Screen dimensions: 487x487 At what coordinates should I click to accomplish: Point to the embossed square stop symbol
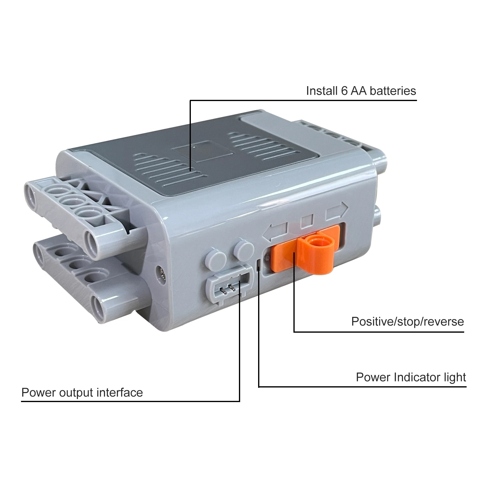(x=307, y=221)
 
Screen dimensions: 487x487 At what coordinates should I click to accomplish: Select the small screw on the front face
(x=162, y=273)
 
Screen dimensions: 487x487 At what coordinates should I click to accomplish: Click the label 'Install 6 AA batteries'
(x=361, y=91)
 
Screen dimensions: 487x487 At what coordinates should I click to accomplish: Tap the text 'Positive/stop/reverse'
(x=407, y=322)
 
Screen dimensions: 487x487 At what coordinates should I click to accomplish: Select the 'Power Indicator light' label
(x=411, y=377)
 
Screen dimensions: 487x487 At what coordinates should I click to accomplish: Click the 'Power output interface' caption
(x=82, y=393)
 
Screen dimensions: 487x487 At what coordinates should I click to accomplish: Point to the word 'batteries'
(x=393, y=91)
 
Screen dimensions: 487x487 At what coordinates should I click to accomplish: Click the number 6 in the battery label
(x=344, y=91)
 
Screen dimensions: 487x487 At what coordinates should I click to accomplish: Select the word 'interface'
(x=120, y=393)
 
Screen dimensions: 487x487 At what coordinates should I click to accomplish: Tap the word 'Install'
(x=322, y=91)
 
